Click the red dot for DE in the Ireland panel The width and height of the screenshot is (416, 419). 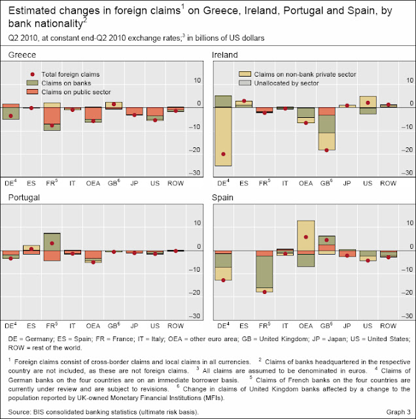tap(224, 154)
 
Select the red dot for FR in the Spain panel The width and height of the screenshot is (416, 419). tap(265, 292)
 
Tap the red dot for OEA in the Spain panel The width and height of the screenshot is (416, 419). tap(306, 237)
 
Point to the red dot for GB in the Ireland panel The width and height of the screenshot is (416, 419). tap(326, 150)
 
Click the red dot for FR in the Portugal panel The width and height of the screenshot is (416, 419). tap(52, 243)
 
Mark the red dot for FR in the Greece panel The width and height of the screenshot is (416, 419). tap(52, 125)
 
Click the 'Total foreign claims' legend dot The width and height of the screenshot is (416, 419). tap(32, 74)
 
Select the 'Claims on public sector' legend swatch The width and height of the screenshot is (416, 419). tap(32, 92)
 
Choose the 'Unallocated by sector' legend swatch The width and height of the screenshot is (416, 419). tap(245, 83)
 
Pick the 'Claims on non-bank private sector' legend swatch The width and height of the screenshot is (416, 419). tap(245, 74)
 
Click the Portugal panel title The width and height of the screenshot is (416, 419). tap(24, 198)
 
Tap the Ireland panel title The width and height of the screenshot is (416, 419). tap(225, 55)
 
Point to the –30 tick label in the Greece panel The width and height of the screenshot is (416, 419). tap(194, 173)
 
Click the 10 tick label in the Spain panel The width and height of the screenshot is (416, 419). tap(410, 223)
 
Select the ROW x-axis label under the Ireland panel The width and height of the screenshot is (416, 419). tap(389, 183)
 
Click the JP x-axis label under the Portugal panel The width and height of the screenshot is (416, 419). tap(134, 326)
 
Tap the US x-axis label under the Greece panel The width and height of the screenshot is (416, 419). tap(155, 183)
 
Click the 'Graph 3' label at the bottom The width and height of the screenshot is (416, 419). tap(398, 412)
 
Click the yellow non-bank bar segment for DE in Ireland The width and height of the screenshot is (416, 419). tap(224, 137)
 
